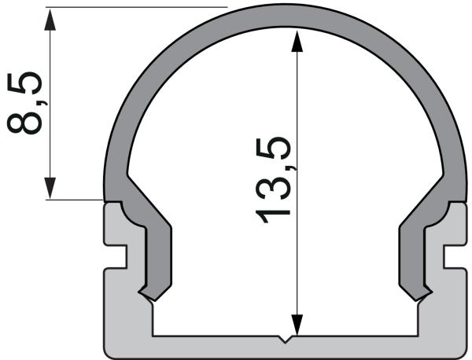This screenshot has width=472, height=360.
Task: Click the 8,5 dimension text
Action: pyautogui.click(x=26, y=103)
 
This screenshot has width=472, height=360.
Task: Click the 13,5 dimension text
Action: pyautogui.click(x=275, y=182)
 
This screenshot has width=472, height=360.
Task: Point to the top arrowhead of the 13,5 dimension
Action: pyautogui.click(x=296, y=40)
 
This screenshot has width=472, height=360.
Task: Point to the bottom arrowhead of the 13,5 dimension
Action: pyautogui.click(x=296, y=326)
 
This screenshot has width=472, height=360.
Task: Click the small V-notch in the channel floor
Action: pyautogui.click(x=286, y=340)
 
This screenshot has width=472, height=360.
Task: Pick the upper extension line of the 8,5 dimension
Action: pyautogui.click(x=134, y=7)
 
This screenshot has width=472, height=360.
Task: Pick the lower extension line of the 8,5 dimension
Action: pyautogui.click(x=75, y=200)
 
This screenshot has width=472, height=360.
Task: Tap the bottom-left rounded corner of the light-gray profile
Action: pyautogui.click(x=110, y=351)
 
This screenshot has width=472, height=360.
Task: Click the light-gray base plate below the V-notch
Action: pyautogui.click(x=286, y=350)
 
